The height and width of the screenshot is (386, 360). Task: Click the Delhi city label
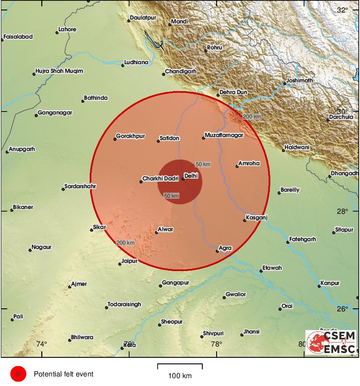(191, 176)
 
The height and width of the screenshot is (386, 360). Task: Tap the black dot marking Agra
(217, 251)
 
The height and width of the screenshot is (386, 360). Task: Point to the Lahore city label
(68, 29)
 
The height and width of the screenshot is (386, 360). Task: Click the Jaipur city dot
(120, 264)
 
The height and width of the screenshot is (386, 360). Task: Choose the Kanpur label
(331, 283)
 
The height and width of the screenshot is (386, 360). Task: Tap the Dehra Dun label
(233, 92)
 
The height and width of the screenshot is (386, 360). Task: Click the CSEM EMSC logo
(331, 342)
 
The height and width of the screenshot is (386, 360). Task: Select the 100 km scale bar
(180, 366)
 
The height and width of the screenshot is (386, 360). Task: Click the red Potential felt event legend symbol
(18, 374)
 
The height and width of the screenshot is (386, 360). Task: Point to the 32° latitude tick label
(343, 10)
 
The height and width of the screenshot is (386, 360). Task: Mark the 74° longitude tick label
(42, 344)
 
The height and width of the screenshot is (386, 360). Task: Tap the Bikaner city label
(23, 207)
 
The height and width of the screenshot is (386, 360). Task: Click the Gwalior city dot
(224, 298)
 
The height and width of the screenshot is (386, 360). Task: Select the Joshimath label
(299, 80)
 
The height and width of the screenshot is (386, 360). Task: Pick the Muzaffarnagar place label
(224, 135)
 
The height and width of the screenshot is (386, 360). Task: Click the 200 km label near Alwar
(125, 242)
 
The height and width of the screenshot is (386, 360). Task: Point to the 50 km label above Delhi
(203, 164)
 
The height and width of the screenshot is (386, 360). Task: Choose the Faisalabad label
(18, 37)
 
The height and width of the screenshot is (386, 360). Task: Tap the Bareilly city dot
(279, 193)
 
